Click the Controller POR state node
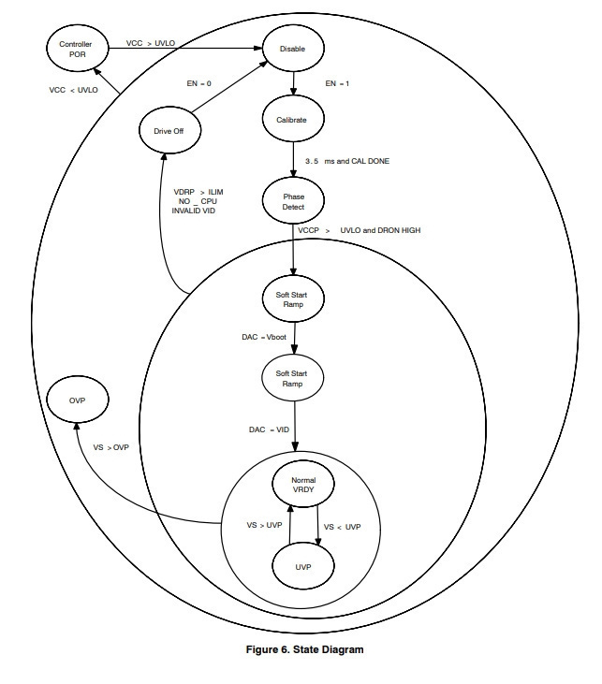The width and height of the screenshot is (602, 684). (78, 49)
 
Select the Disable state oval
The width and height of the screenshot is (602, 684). (293, 49)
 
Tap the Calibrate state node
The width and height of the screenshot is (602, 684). (293, 119)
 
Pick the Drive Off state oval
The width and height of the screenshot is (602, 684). (169, 130)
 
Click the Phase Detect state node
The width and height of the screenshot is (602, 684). (293, 201)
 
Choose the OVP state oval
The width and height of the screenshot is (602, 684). (78, 400)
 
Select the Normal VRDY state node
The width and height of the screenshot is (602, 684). (303, 484)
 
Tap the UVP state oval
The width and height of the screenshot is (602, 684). (303, 566)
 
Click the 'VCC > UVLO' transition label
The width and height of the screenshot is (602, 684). (151, 43)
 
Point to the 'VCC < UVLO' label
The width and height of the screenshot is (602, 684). (73, 90)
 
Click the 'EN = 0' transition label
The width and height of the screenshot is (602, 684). (199, 83)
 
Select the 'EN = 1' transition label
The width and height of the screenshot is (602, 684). (337, 83)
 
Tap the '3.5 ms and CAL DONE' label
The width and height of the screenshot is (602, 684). (347, 161)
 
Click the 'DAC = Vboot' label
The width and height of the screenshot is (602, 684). (264, 337)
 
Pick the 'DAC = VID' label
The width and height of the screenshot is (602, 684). (269, 429)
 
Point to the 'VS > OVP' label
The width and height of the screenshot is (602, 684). (110, 447)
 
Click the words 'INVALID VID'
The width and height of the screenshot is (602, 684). (194, 211)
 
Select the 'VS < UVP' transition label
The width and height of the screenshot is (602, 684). (343, 527)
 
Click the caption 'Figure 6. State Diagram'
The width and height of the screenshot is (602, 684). (304, 649)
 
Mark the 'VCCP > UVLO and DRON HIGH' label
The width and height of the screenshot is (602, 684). (360, 230)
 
